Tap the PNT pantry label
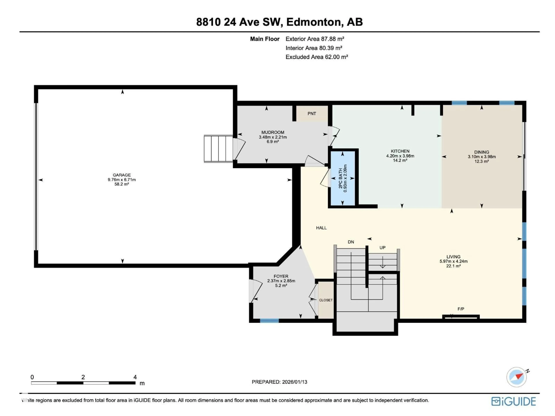312,114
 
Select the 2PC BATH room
343,178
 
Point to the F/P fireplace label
461,309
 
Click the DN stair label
351,242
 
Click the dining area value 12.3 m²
481,161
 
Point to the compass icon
517,377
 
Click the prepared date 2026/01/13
295,382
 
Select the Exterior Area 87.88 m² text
315,39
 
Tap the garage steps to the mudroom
218,149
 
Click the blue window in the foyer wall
269,321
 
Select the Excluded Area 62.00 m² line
317,57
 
